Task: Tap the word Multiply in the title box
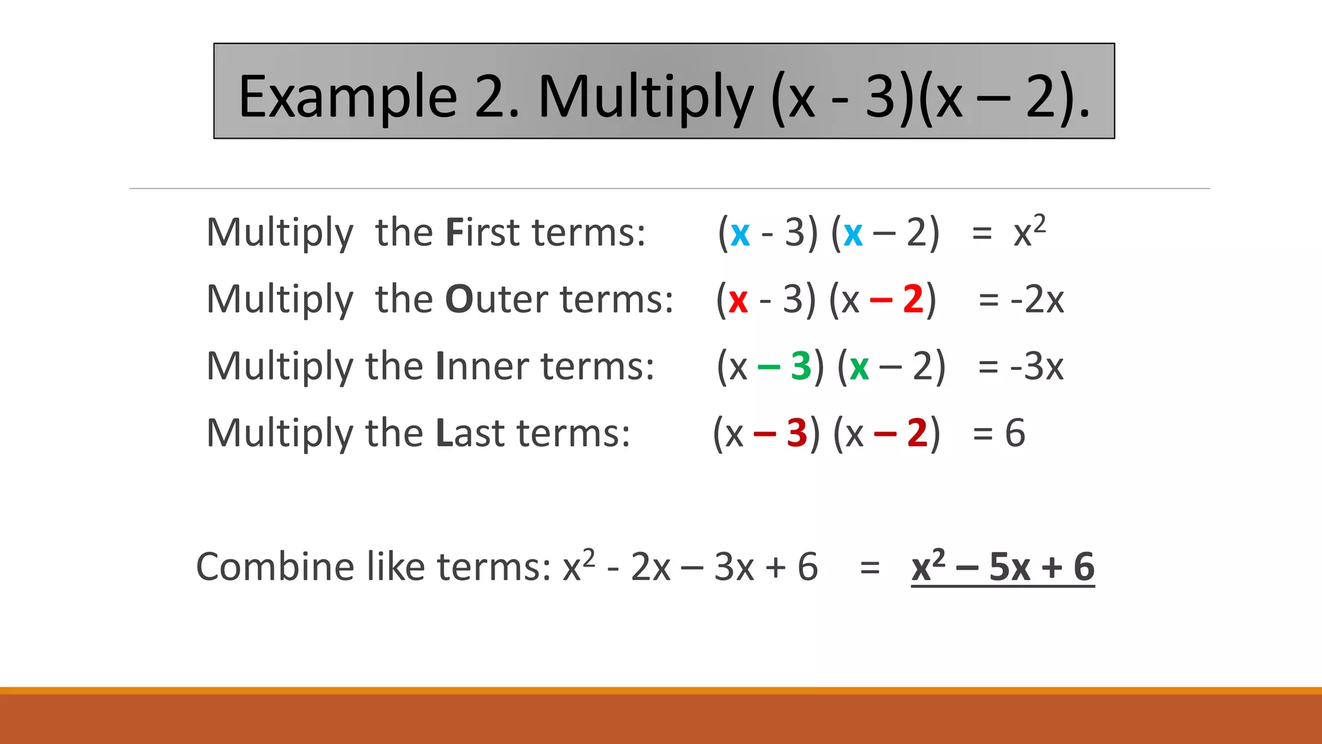(645, 98)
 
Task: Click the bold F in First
(455, 232)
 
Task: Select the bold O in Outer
(460, 300)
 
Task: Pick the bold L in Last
(444, 433)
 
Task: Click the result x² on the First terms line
(1029, 231)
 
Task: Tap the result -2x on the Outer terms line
(1037, 300)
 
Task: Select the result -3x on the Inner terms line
(1037, 366)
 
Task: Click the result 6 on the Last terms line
(1015, 433)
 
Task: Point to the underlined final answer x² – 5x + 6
(1002, 567)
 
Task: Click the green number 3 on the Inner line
(801, 366)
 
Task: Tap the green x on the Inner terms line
(859, 367)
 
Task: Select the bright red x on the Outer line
(738, 301)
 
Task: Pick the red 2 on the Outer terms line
(913, 300)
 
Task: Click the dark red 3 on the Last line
(797, 433)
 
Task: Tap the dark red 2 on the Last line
(917, 433)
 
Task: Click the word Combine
(277, 567)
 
